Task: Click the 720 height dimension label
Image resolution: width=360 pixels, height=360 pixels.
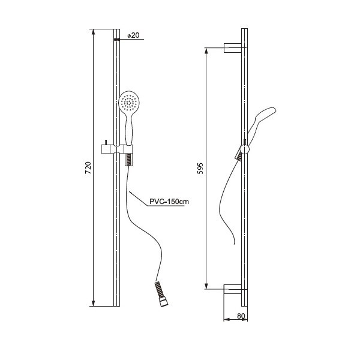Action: point(88,168)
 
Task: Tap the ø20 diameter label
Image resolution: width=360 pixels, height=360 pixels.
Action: point(133,35)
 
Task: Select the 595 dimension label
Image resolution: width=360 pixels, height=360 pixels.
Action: point(200,168)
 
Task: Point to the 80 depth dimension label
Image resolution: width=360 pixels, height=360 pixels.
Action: point(241,316)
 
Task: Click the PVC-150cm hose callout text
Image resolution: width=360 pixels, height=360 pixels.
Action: point(169,202)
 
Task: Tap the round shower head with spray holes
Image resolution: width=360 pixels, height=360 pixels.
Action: point(129,101)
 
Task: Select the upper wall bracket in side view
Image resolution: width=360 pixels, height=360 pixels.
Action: point(233,48)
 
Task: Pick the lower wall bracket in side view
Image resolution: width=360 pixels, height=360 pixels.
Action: point(233,289)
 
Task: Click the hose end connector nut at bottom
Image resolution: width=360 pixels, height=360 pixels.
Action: point(164,302)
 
